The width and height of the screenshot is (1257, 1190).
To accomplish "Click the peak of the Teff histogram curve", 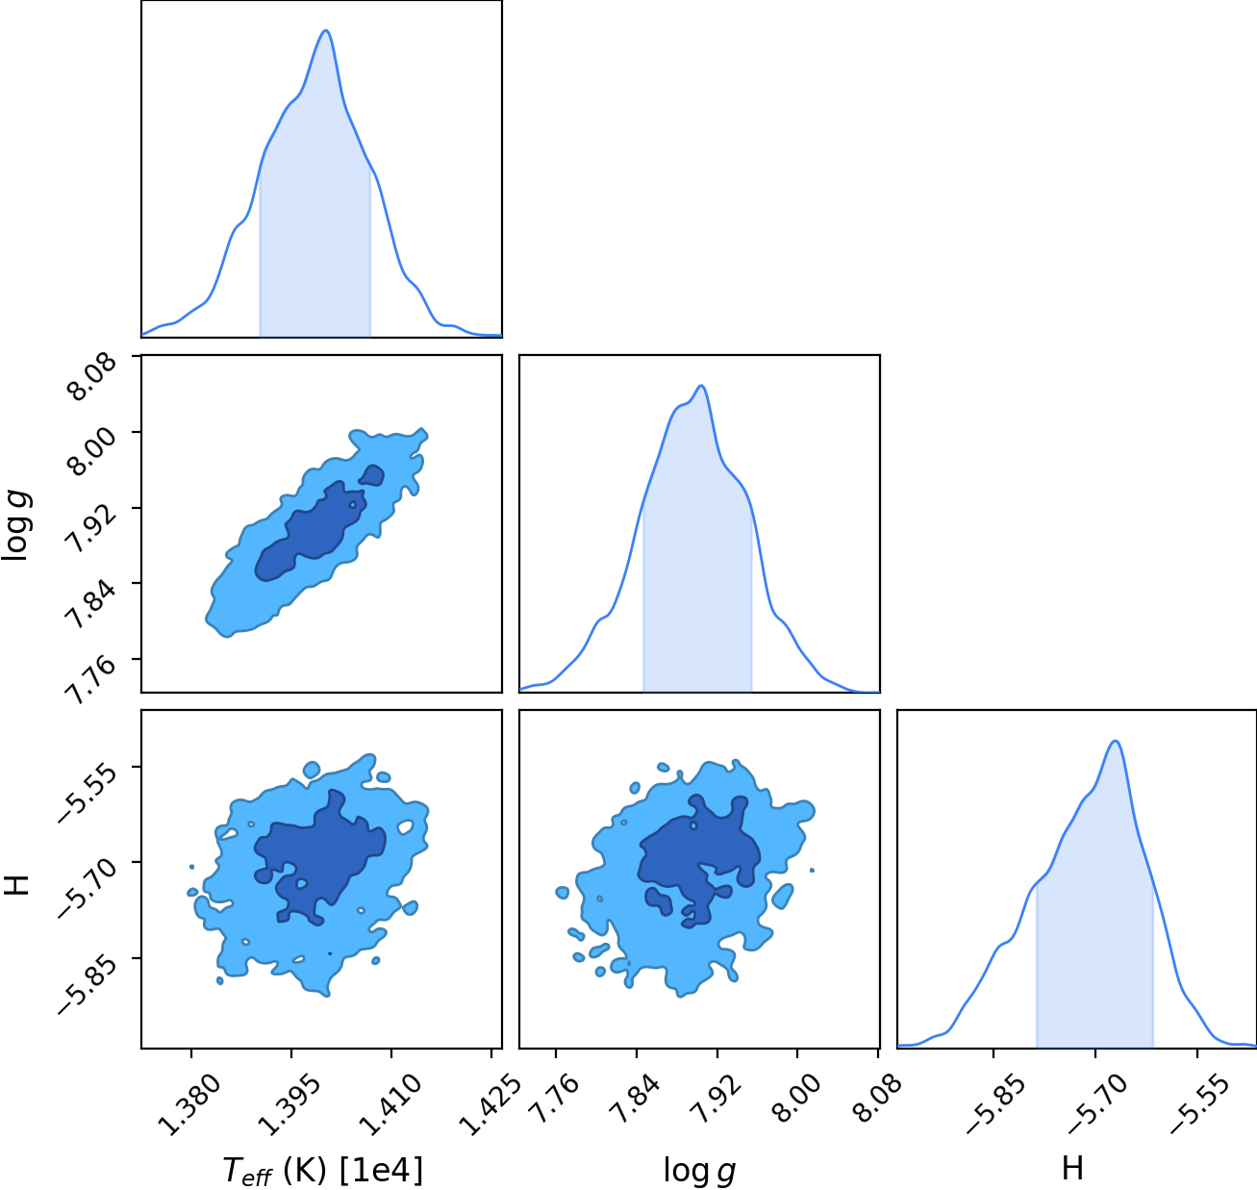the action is [x=326, y=30].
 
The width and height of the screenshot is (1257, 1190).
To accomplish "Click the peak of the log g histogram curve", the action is [x=701, y=385].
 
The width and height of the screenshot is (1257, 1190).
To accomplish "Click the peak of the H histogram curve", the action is [x=1115, y=741].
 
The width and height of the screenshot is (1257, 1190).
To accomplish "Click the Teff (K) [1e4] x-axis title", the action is [x=323, y=1170].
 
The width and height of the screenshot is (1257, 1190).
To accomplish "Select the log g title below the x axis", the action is [x=699, y=1170].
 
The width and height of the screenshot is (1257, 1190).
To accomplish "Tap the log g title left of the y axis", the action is [x=15, y=525].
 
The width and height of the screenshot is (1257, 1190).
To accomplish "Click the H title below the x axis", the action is [x=1072, y=1168].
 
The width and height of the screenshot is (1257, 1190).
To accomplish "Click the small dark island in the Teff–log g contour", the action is [x=371, y=475].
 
